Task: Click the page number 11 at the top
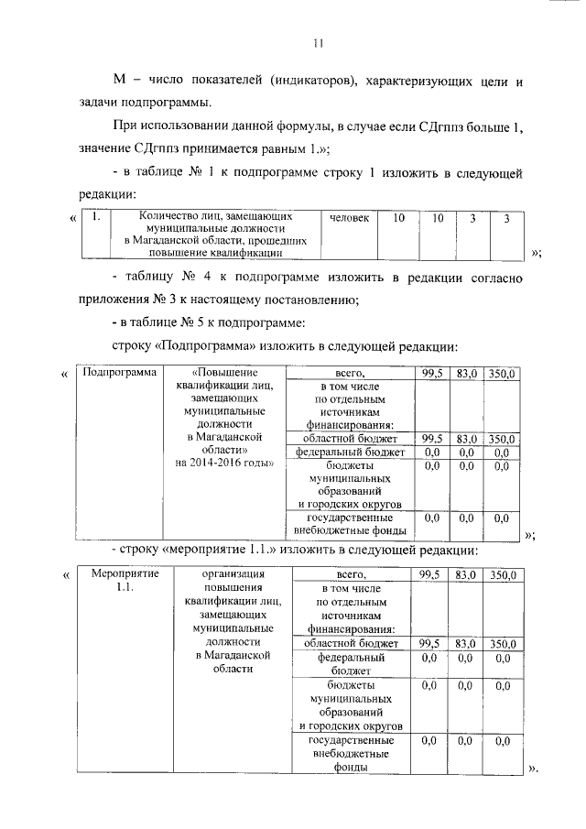click(x=317, y=43)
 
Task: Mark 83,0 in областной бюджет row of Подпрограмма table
click(x=465, y=439)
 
